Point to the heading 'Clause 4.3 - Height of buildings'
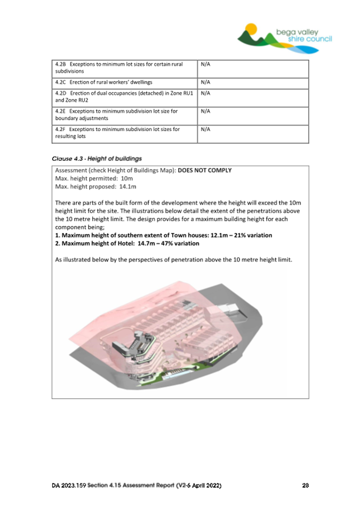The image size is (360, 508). tap(97, 158)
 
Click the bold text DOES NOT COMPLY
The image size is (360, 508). tap(204, 171)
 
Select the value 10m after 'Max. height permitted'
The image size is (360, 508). tap(127, 179)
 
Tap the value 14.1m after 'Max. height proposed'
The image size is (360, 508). tap(127, 187)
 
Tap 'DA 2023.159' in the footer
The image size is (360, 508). tap(69, 486)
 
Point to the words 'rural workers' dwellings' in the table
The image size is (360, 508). tap(124, 83)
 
